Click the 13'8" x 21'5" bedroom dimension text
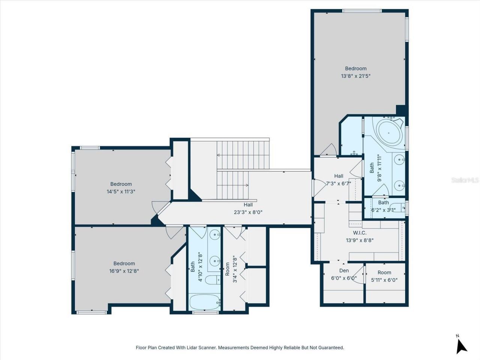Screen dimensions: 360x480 pyautogui.click(x=355, y=76)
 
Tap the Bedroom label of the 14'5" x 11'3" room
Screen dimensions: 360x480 pyautogui.click(x=121, y=184)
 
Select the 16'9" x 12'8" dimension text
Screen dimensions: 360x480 pyautogui.click(x=124, y=271)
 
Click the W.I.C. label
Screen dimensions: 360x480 pyautogui.click(x=359, y=233)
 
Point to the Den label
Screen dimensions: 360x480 pyautogui.click(x=344, y=270)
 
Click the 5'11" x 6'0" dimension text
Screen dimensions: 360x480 pyautogui.click(x=384, y=280)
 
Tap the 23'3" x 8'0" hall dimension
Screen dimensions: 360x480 pyautogui.click(x=248, y=212)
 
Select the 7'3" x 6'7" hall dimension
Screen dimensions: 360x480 pyautogui.click(x=339, y=184)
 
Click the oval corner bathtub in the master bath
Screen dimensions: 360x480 pyautogui.click(x=389, y=132)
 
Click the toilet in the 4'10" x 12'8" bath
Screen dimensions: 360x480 pyautogui.click(x=213, y=280)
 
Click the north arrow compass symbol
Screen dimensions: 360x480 pyautogui.click(x=461, y=345)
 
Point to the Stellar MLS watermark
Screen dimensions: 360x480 pyautogui.click(x=465, y=180)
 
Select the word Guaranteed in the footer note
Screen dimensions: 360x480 pyautogui.click(x=330, y=348)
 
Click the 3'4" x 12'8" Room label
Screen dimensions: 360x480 pyautogui.click(x=227, y=268)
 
